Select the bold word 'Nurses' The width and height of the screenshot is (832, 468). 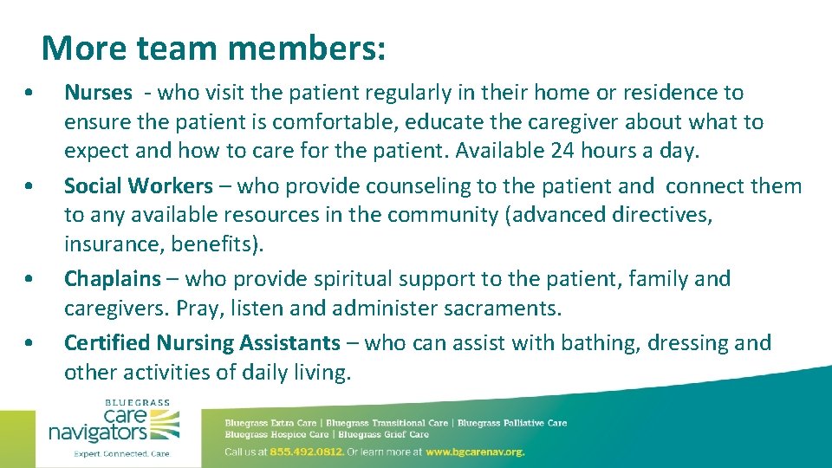pos(98,93)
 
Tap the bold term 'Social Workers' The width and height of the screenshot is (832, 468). pos(138,186)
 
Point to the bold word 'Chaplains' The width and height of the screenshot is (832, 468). pos(113,279)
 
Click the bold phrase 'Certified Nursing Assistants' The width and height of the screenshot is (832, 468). pos(202,343)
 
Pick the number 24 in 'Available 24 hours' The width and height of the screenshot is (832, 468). pos(562,151)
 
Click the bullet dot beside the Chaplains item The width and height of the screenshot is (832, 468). pos(30,280)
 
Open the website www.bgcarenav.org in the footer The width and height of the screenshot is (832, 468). pos(475,452)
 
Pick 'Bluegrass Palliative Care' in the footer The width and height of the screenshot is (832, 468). pos(512,423)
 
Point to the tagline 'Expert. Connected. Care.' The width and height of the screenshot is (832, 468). pos(121,453)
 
